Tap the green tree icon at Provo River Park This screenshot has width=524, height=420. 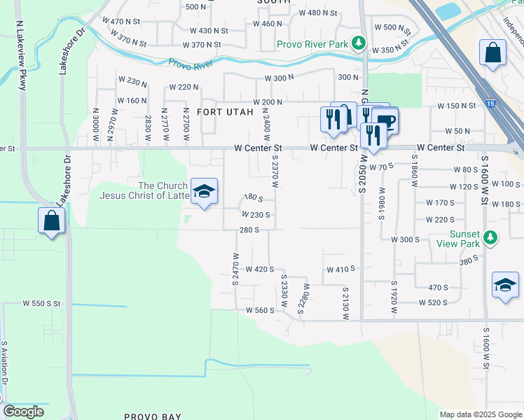coord(359,43)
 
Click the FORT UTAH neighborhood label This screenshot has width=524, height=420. coord(223,112)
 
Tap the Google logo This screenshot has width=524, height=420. coord(24,412)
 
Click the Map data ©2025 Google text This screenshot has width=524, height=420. coord(480,414)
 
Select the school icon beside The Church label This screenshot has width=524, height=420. coord(204,192)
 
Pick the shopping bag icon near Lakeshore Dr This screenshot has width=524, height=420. coord(53,221)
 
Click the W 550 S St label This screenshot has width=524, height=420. coord(42,304)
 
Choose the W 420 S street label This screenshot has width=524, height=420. coord(258,269)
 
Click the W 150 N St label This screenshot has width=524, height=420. coord(457,106)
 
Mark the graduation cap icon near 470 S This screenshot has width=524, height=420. coord(505,285)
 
